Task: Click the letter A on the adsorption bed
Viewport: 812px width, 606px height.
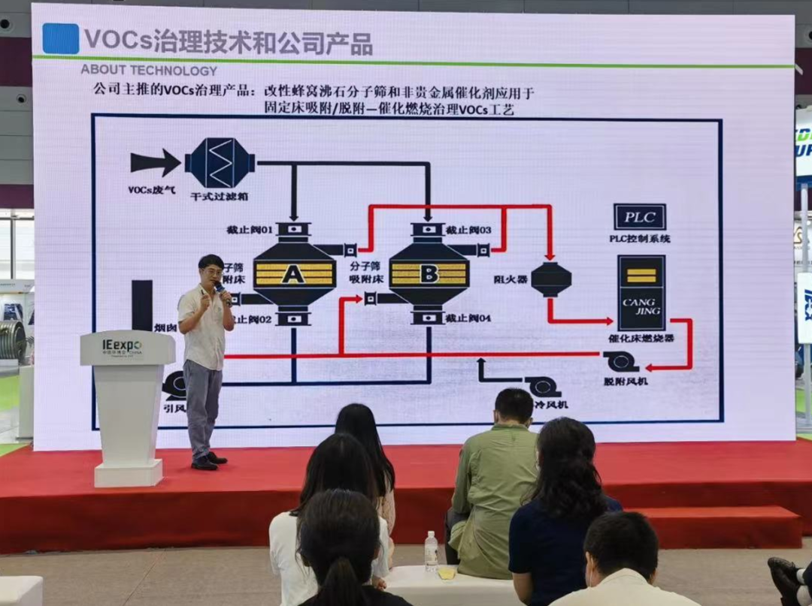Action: click(293, 274)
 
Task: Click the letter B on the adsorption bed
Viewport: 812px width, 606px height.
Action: click(429, 274)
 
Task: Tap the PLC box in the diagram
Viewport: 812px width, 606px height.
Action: click(640, 218)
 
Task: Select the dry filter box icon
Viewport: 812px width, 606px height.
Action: click(220, 162)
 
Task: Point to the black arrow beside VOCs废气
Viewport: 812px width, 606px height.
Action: click(155, 162)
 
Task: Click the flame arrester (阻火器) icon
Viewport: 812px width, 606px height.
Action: click(551, 279)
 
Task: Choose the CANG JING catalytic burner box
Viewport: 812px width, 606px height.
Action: click(641, 293)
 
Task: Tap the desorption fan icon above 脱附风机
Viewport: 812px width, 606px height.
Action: click(622, 363)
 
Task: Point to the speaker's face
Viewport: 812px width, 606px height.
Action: click(211, 270)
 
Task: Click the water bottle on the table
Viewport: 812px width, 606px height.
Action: click(431, 551)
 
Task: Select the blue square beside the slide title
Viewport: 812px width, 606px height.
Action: click(60, 39)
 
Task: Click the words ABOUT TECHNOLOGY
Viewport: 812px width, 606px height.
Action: click(149, 71)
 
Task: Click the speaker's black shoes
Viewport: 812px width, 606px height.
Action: click(208, 461)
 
